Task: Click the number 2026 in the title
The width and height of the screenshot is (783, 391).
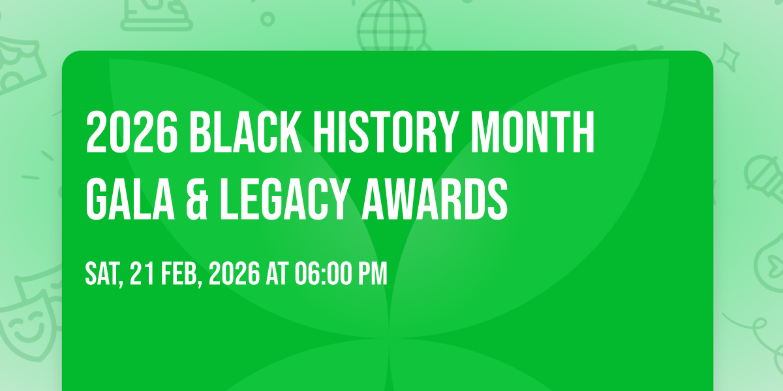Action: click(132, 132)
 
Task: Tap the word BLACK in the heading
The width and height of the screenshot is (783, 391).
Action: click(246, 132)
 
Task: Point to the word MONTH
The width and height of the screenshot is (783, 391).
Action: click(532, 132)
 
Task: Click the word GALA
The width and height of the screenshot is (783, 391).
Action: click(130, 199)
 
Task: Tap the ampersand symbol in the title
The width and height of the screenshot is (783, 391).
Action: click(197, 199)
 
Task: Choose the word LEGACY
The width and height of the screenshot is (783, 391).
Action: click(285, 199)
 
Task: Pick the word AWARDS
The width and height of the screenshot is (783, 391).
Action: click(435, 199)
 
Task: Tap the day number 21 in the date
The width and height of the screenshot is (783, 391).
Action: click(142, 273)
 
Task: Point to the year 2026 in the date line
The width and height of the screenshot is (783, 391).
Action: click(234, 273)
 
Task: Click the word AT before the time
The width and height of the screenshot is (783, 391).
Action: click(277, 273)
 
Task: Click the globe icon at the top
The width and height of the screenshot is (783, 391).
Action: click(391, 25)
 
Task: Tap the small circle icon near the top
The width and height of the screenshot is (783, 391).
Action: click(268, 19)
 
